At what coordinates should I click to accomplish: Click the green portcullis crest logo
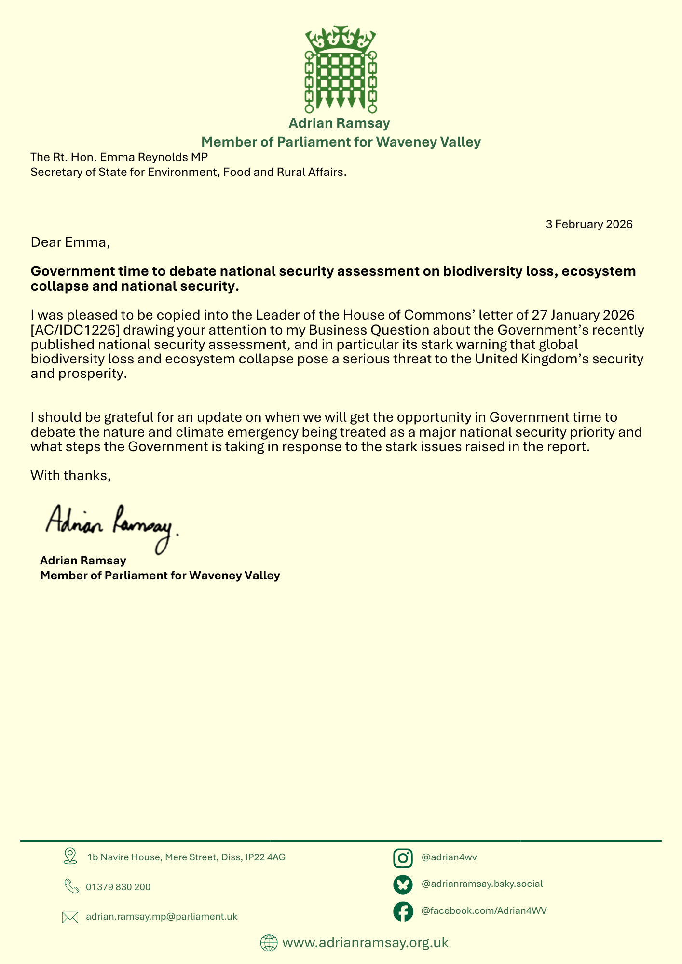coord(341,69)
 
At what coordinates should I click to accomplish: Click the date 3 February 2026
coord(589,224)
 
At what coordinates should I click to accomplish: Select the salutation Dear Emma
coord(70,242)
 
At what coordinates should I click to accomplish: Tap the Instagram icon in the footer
coord(403,858)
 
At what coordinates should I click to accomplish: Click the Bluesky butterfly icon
coord(403,884)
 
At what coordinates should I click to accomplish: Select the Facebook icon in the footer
coord(403,911)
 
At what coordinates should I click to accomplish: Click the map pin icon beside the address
coord(70,856)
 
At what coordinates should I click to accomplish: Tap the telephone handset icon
coord(71,886)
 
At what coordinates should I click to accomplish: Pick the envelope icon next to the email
coord(70,917)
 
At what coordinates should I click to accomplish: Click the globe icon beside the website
coord(269,942)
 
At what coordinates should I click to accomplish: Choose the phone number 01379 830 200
coord(118,887)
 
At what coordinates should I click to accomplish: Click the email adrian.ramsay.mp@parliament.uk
coord(162,917)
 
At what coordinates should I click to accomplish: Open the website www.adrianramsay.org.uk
coord(365,942)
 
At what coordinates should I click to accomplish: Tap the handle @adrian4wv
coord(449,857)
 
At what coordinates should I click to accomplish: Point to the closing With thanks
coord(71,476)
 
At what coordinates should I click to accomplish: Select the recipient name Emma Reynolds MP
coord(153,157)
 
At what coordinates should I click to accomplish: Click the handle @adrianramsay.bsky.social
coord(482,884)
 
